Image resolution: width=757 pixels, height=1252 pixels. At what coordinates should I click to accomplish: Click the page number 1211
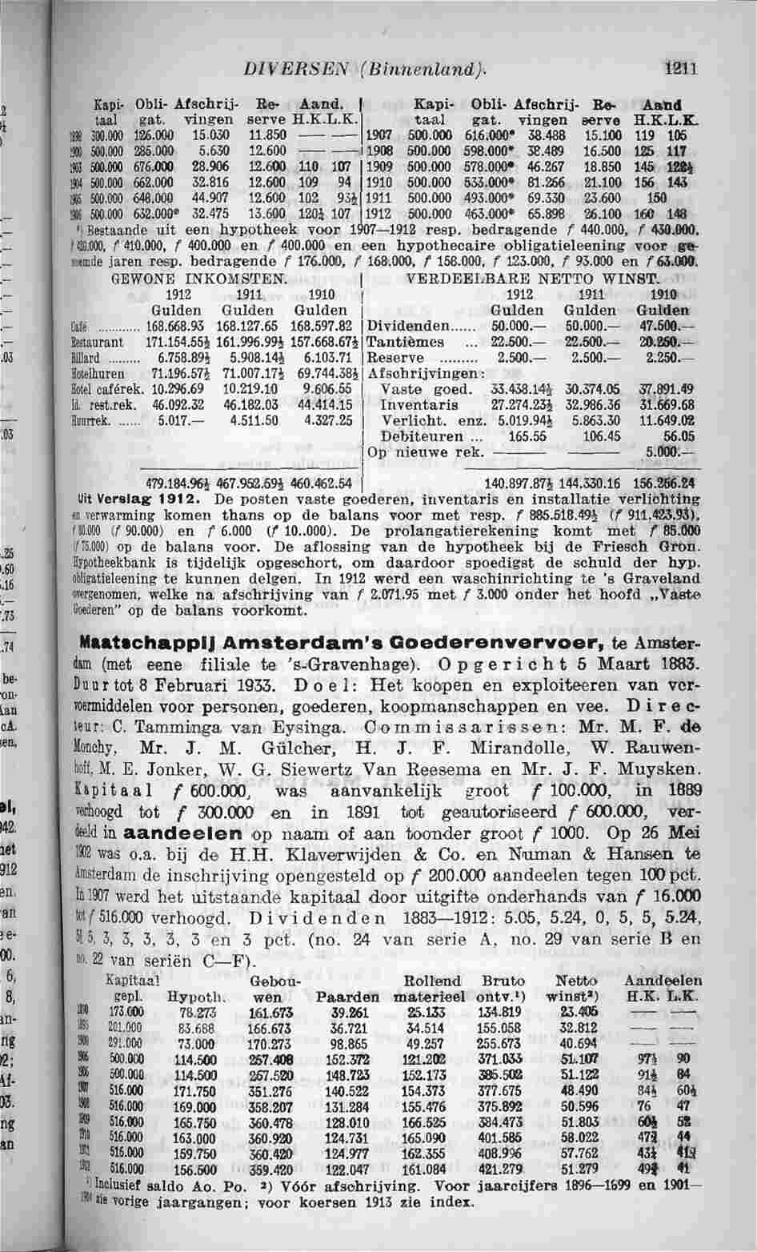(684, 69)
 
